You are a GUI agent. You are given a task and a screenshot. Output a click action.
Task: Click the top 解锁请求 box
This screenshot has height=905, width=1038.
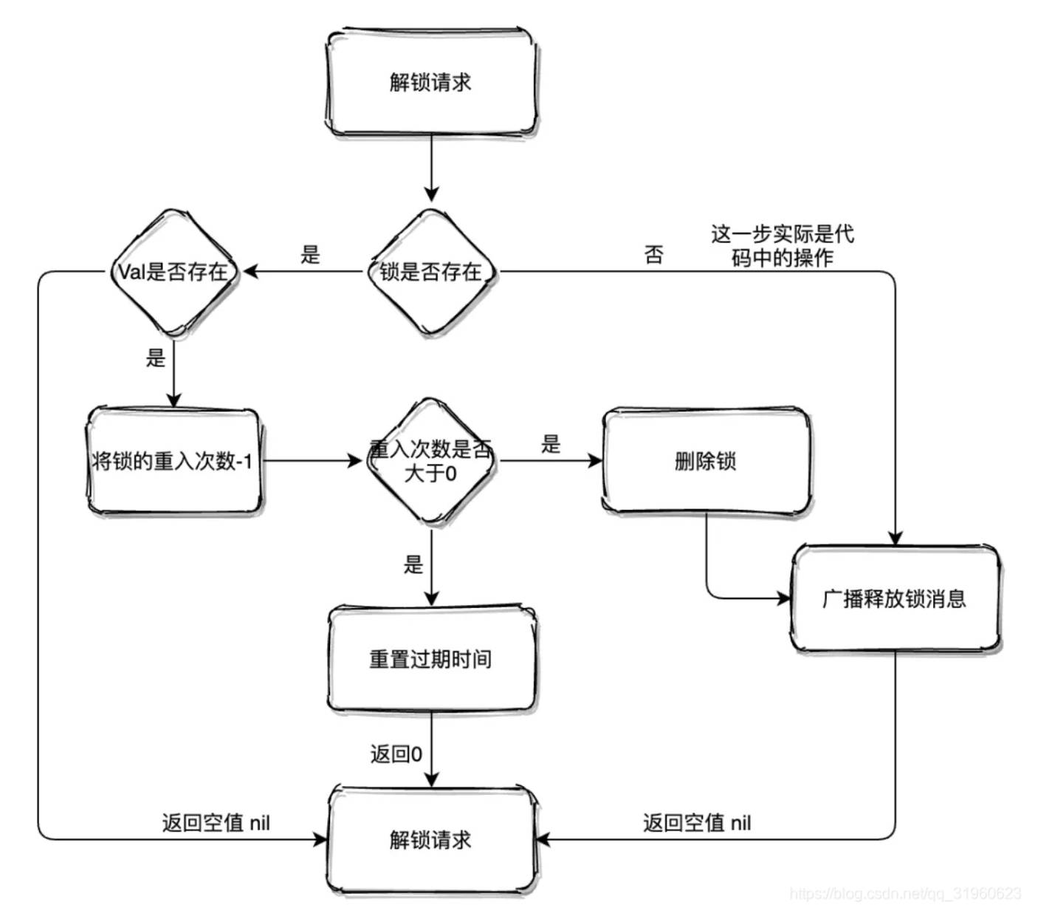431,82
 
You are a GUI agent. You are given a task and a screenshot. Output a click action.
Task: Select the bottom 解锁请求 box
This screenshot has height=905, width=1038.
431,840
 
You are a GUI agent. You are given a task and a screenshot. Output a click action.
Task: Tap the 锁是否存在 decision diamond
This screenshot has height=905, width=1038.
431,272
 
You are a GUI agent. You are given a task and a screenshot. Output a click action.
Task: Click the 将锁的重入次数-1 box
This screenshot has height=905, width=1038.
173,461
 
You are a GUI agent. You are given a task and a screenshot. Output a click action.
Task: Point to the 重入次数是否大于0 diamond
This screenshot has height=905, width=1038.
431,461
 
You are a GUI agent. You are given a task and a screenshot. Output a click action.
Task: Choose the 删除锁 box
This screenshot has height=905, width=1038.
706,461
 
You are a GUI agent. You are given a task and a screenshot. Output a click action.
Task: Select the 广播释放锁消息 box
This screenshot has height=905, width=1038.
895,598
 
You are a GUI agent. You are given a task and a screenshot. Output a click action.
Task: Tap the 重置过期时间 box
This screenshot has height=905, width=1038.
431,659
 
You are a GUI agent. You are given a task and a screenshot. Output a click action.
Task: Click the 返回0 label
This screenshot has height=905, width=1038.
396,754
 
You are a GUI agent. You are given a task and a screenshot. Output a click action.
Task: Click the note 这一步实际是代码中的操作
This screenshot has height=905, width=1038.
783,246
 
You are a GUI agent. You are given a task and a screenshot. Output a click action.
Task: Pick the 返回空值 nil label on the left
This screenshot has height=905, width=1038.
216,822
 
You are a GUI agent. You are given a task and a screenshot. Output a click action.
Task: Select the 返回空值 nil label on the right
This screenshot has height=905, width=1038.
697,822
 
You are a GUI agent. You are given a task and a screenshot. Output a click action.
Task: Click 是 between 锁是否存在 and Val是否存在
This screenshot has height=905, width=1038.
311,255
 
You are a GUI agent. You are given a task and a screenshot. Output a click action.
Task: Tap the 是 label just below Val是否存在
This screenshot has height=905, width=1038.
156,358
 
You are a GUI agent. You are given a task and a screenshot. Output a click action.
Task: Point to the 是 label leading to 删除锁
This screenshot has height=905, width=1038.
551,444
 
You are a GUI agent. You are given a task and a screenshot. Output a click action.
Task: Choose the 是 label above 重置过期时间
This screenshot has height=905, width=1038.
413,565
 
